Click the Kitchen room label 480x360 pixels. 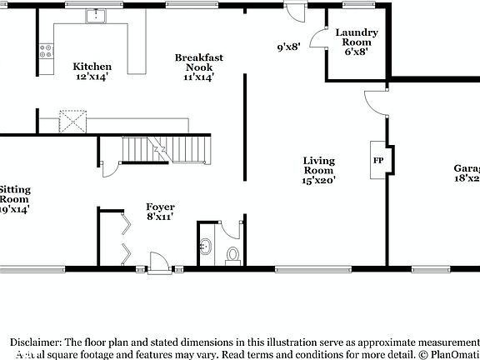point(92,67)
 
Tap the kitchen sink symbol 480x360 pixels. point(97,16)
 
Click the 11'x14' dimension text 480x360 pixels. point(198,77)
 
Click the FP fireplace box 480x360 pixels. point(377,160)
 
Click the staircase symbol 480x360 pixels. point(155,150)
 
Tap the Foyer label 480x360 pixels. point(160,207)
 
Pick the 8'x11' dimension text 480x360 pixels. point(160,217)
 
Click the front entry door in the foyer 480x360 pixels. point(156,260)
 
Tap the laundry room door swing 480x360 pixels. point(317,37)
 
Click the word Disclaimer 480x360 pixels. point(34,342)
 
